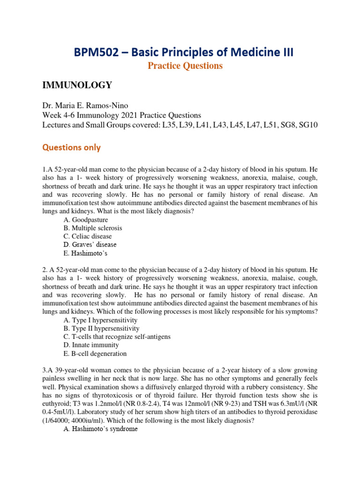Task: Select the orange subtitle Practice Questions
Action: (185, 66)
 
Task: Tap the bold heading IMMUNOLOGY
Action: (77, 85)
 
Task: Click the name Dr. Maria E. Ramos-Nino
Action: (86, 107)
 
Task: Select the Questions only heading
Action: (71, 147)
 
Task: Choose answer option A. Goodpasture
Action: (86, 220)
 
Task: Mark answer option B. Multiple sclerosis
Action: (93, 228)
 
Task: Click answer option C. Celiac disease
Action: (88, 236)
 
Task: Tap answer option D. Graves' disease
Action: (90, 245)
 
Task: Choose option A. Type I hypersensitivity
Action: (100, 320)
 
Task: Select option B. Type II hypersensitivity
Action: (102, 329)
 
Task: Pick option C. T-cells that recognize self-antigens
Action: (117, 337)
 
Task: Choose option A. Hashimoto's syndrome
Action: (100, 429)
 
